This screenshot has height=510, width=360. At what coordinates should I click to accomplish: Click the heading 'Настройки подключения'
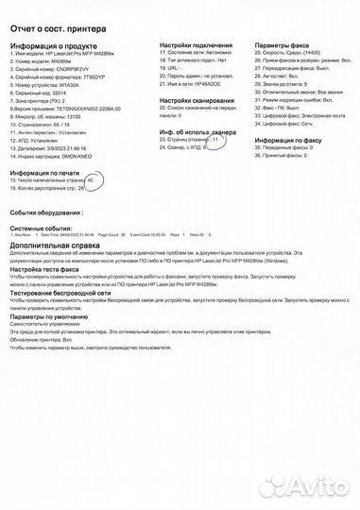click(x=196, y=44)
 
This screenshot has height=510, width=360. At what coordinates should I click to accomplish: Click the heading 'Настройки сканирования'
click(x=197, y=98)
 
